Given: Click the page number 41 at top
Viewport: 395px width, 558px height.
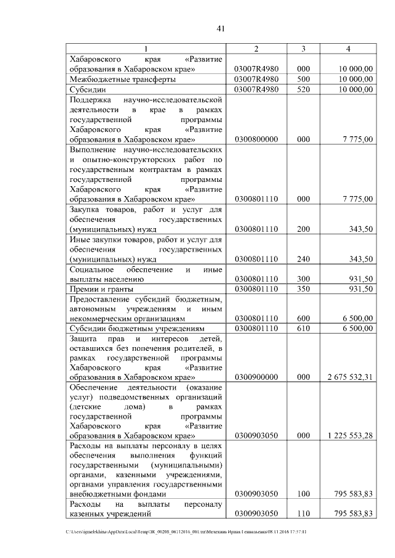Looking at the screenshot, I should pos(223,27).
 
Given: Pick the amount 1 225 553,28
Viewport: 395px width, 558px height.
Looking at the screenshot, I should pos(349,435).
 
